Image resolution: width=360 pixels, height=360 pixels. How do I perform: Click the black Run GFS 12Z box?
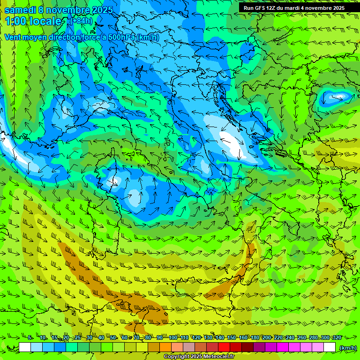(294, 7)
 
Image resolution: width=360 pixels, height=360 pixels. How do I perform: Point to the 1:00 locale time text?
(33, 21)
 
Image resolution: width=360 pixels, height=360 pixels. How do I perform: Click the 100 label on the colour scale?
(173, 337)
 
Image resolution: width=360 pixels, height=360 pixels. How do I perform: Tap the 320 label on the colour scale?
(337, 337)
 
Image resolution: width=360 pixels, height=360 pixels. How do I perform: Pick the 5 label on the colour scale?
(30, 337)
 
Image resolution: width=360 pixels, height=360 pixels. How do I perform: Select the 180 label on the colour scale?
(255, 337)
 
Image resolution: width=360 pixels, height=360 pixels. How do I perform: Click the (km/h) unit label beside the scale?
(348, 348)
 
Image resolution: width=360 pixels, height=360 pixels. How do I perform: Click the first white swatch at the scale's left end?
(25, 347)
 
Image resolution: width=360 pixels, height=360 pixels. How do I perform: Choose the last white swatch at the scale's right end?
(330, 347)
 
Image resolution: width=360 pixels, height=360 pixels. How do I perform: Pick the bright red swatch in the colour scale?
(224, 347)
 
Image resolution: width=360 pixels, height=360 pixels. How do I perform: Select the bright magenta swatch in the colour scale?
(283, 347)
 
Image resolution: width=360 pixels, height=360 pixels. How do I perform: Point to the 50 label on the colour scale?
(113, 337)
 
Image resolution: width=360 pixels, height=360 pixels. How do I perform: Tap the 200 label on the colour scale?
(267, 337)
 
